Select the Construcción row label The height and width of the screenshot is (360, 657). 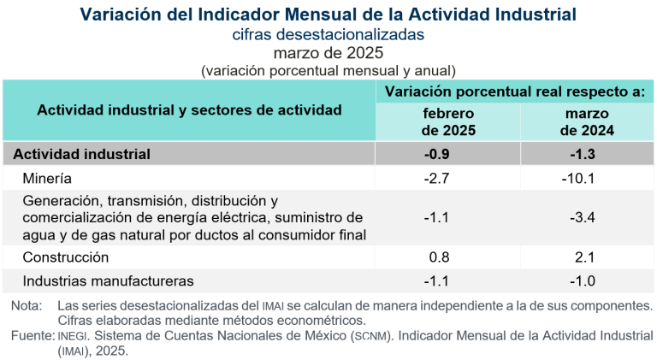[x=66, y=257]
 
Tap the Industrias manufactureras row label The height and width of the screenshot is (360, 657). [x=109, y=280]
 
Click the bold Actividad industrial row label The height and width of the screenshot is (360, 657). [x=82, y=154]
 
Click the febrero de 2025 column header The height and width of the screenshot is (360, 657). [x=448, y=122]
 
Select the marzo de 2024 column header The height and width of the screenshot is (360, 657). [x=587, y=122]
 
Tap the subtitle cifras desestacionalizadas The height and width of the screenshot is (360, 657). [x=328, y=35]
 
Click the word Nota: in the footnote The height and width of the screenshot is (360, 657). [x=27, y=306]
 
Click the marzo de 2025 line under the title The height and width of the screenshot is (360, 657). [x=328, y=53]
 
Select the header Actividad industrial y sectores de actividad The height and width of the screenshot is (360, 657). [x=189, y=110]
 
